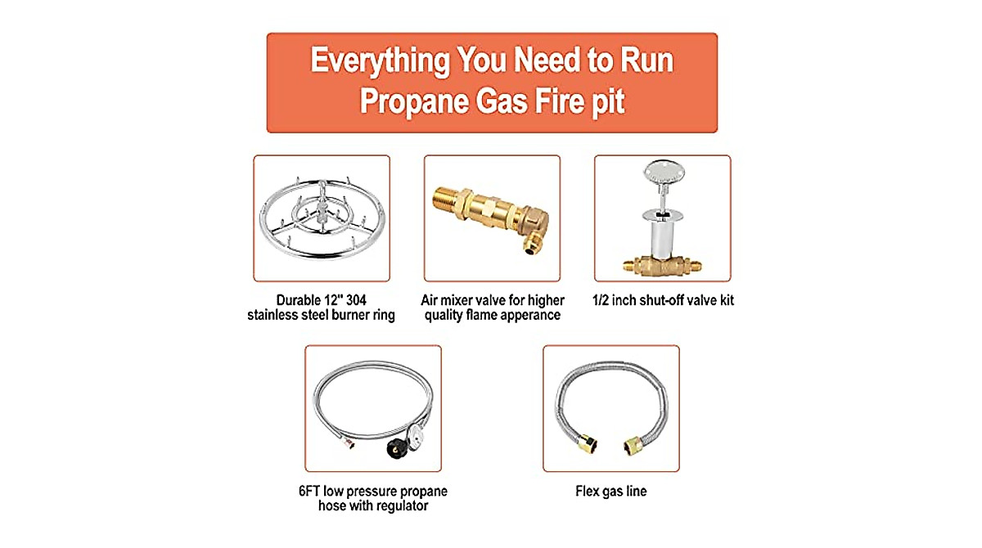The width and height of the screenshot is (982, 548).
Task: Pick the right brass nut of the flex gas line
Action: pos(633,445)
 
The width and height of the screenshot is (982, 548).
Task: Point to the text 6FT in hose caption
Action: pos(313,492)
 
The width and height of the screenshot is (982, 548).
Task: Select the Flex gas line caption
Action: pos(610,492)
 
